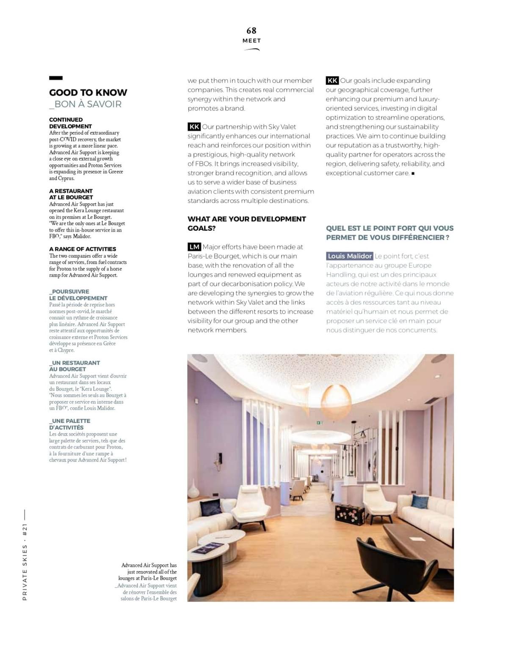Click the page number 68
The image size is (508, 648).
tap(251, 30)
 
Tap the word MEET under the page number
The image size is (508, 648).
tap(251, 41)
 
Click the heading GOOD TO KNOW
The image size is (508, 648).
tap(88, 93)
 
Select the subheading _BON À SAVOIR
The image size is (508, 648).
tap(85, 104)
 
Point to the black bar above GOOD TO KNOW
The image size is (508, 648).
tap(56, 78)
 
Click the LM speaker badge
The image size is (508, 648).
tap(194, 247)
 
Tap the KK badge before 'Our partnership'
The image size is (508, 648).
tap(194, 127)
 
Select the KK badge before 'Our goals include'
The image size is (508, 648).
tap(332, 80)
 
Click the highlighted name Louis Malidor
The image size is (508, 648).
tap(350, 256)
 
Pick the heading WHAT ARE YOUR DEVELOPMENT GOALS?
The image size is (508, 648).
tap(246, 223)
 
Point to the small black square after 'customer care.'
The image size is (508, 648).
tap(413, 173)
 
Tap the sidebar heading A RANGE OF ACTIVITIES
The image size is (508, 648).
tap(83, 249)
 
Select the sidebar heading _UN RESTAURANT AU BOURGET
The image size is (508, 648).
tap(75, 366)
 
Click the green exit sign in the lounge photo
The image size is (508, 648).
tap(320, 422)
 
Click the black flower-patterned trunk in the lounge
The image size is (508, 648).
tap(349, 512)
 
